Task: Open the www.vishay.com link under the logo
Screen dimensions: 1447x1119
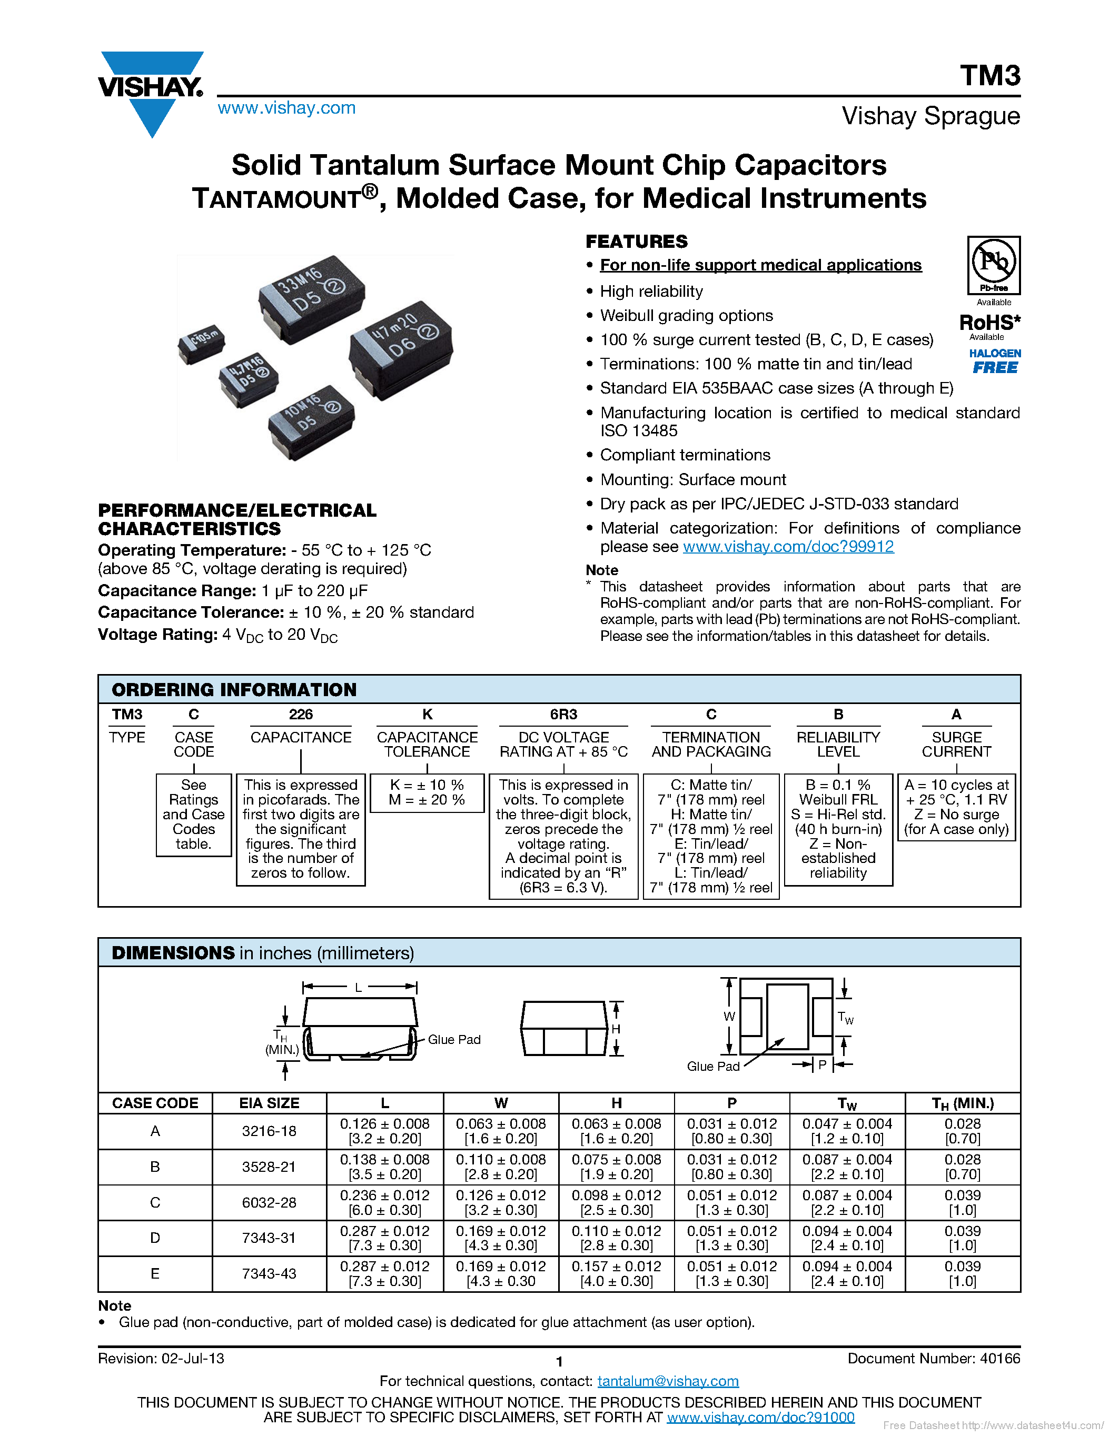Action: [286, 108]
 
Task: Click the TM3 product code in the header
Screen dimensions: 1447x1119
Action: [990, 76]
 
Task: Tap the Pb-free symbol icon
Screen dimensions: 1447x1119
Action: [993, 264]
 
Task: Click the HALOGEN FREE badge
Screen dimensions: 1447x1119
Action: [994, 361]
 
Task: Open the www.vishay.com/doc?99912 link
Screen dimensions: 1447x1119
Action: [788, 547]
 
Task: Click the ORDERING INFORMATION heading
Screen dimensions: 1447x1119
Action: [234, 690]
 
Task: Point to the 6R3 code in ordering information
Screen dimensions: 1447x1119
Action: [563, 714]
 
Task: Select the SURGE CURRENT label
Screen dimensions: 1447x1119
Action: [956, 744]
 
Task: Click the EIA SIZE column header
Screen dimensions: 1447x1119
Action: [269, 1103]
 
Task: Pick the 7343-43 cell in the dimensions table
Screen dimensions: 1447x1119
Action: [269, 1273]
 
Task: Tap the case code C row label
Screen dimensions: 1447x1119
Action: [155, 1202]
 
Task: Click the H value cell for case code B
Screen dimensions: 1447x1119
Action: [616, 1167]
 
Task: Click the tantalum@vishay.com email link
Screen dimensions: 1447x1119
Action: [668, 1381]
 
